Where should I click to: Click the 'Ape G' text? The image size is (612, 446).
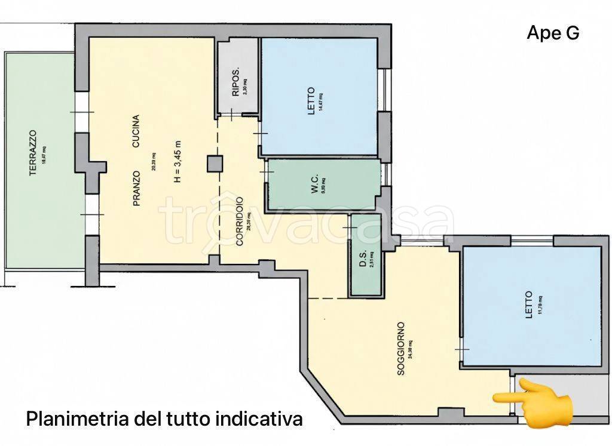[x=553, y=34]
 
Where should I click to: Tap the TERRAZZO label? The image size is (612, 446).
[x=33, y=154]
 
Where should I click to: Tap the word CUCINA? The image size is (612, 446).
[x=136, y=131]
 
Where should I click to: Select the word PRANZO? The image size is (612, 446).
[x=136, y=188]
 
